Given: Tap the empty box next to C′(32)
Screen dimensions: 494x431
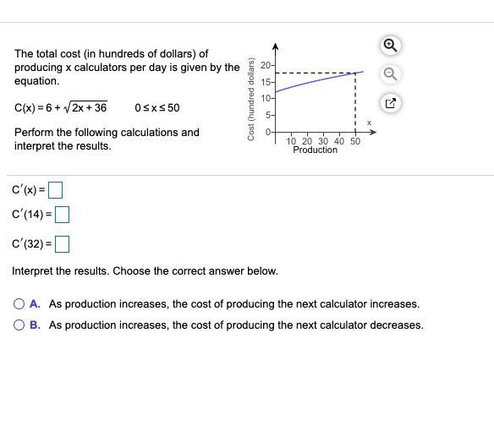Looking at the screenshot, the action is [x=61, y=245].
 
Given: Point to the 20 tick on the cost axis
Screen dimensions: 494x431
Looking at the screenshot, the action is [x=266, y=66].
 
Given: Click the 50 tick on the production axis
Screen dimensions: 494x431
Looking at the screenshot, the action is [x=355, y=141].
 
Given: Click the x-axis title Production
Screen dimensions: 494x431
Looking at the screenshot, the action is [x=315, y=150].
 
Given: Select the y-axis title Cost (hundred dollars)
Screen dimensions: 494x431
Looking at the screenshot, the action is [x=250, y=99].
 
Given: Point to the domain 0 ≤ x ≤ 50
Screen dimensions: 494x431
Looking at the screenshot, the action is [x=157, y=108].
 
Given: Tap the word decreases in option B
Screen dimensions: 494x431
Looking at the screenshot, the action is [x=398, y=325].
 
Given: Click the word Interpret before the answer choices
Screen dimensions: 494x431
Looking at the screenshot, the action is [x=32, y=271].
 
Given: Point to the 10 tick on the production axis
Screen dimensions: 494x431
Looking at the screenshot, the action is [x=292, y=141].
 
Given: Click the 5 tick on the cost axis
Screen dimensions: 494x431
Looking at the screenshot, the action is [x=267, y=115].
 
